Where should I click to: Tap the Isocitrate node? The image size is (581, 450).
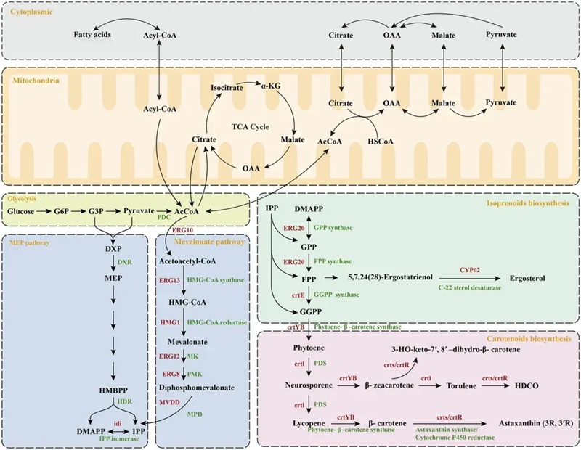click(x=227, y=86)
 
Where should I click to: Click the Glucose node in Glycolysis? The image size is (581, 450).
click(x=24, y=212)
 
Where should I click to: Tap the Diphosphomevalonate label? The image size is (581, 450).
click(x=196, y=388)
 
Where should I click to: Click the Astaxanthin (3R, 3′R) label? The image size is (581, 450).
click(x=535, y=421)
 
